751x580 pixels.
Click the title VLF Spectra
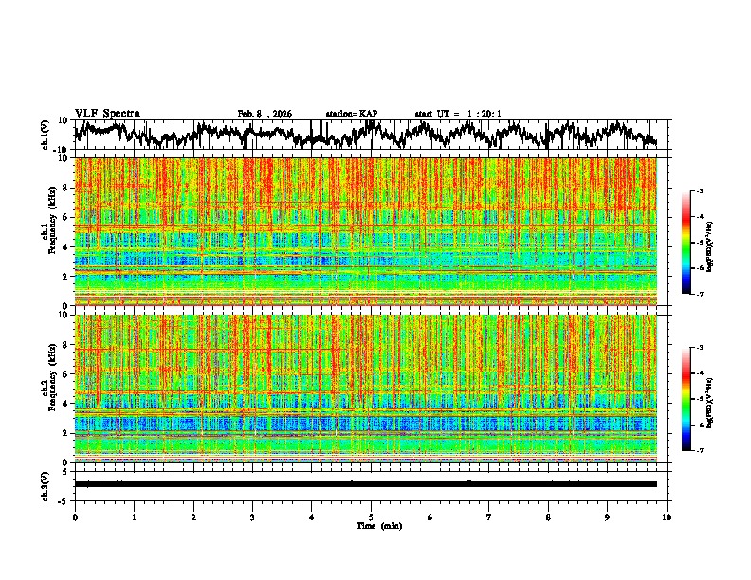(107, 114)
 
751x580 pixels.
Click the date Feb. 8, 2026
(265, 114)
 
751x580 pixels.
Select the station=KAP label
(352, 114)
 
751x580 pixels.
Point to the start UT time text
(458, 114)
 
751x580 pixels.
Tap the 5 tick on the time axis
(372, 517)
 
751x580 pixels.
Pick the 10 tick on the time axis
(668, 517)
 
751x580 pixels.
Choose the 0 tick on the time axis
(75, 517)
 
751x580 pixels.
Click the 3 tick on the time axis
(253, 517)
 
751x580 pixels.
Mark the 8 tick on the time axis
(549, 517)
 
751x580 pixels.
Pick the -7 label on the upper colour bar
(699, 295)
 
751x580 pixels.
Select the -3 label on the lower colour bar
(699, 348)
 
